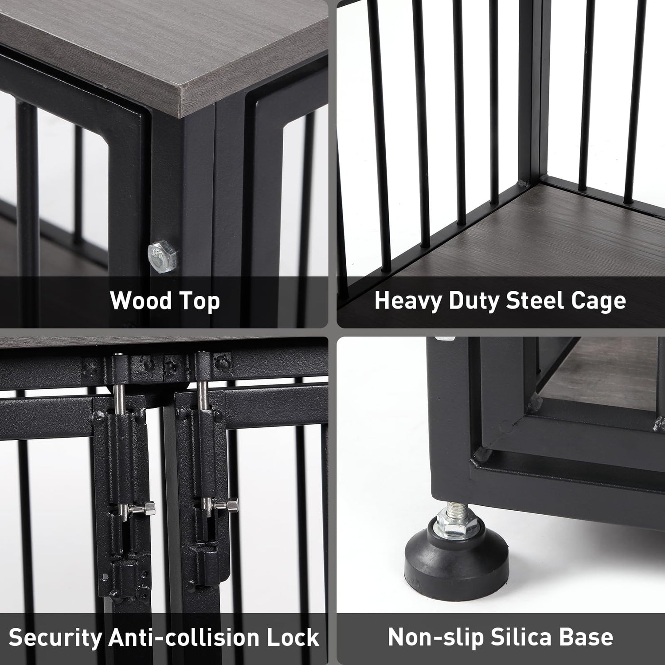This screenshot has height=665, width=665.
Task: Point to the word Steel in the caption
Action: (535, 300)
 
